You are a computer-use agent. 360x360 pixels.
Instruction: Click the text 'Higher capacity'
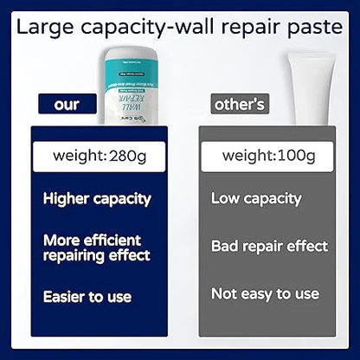click(97, 199)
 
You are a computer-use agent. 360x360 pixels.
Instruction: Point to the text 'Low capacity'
click(256, 199)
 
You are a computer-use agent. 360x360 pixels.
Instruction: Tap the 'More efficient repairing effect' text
click(97, 247)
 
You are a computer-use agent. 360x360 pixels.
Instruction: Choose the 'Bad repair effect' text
click(269, 247)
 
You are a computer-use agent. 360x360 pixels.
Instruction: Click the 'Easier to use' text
click(87, 296)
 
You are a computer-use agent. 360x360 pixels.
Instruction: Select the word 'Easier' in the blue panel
click(67, 296)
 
